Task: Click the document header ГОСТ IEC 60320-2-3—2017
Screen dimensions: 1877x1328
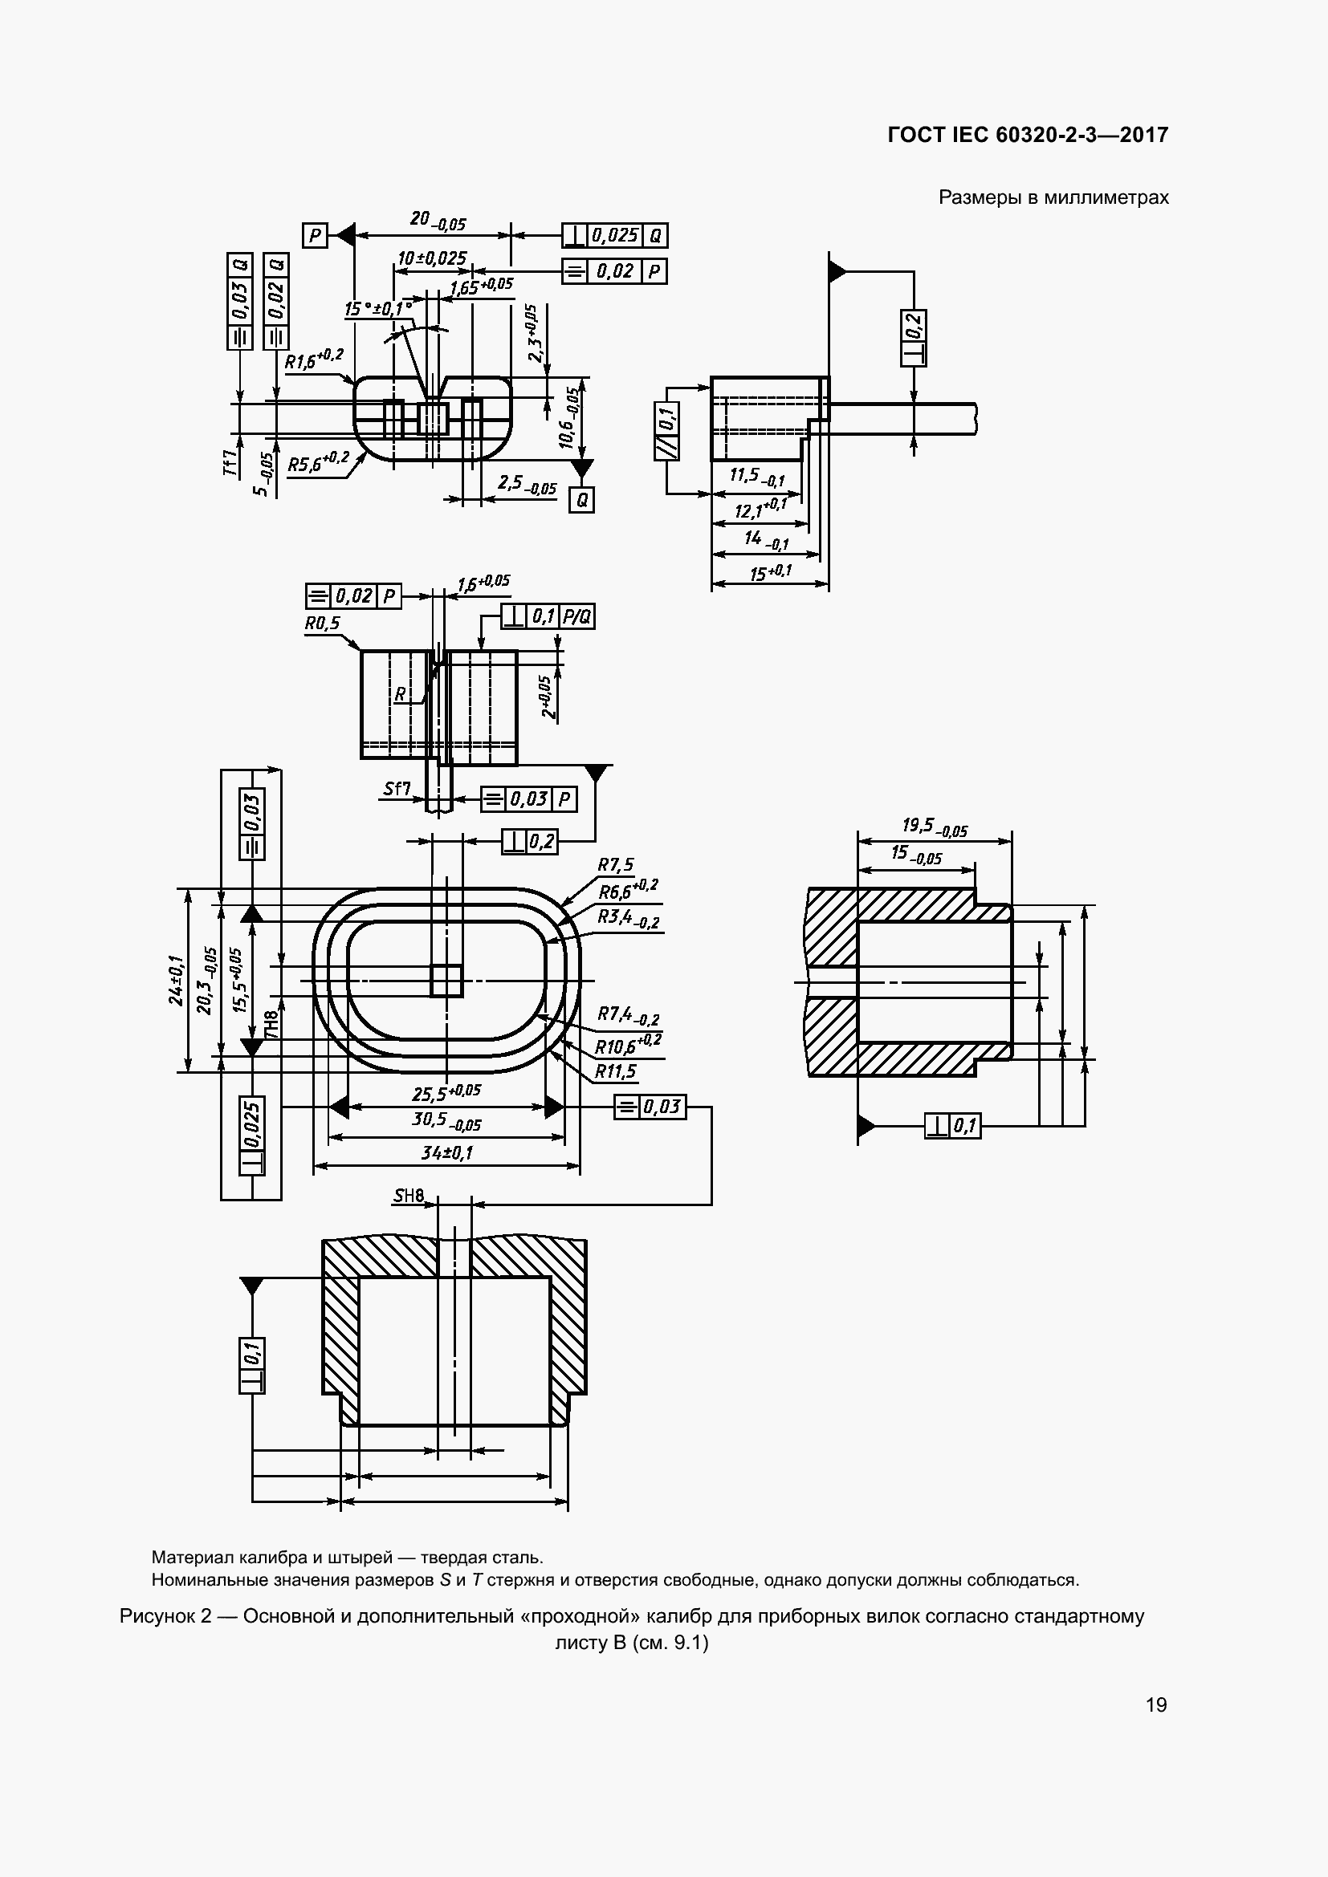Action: (x=1028, y=135)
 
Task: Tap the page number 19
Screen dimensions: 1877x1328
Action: (x=1156, y=1704)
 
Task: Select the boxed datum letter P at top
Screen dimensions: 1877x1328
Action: (x=315, y=236)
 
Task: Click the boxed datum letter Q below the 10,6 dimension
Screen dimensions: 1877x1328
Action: (x=581, y=499)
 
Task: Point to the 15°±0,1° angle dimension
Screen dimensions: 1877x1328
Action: (x=378, y=309)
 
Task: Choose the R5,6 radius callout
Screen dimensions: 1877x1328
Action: (x=318, y=462)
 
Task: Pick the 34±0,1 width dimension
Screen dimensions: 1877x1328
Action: (x=446, y=1152)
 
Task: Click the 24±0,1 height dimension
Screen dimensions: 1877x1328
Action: (x=177, y=980)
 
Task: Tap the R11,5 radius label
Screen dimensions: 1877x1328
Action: (x=615, y=1071)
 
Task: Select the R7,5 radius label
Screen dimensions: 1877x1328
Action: (x=615, y=865)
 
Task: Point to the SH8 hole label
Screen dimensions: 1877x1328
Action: (x=409, y=1196)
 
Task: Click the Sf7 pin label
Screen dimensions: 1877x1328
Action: (x=397, y=789)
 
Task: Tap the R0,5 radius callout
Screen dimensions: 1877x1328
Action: (x=322, y=624)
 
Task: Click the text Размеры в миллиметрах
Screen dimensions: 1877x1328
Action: (x=1053, y=197)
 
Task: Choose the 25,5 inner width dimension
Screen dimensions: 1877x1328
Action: (x=446, y=1092)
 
